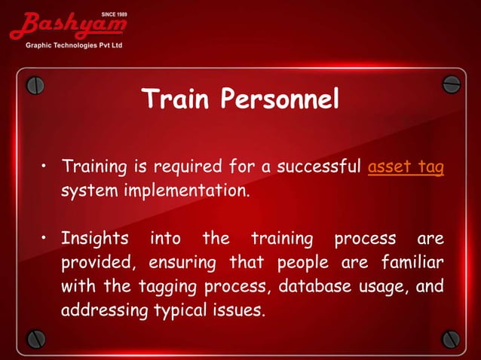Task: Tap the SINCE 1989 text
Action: pos(114,14)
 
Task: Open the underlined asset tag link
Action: pos(406,166)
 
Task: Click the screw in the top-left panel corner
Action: pos(35,85)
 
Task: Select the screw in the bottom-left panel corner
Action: pos(35,337)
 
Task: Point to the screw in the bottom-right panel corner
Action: pos(450,337)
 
